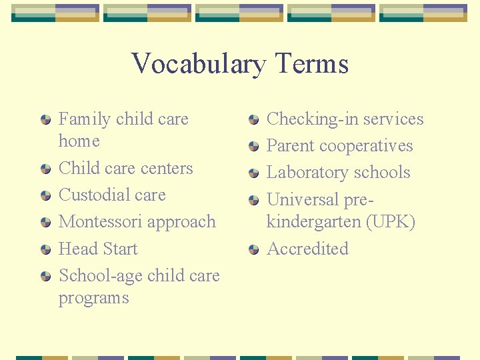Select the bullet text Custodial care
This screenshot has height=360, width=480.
coord(112,195)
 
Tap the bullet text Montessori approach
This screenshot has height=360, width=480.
coord(137,222)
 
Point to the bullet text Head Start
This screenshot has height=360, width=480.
coord(98,249)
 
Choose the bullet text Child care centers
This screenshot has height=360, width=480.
coord(125,169)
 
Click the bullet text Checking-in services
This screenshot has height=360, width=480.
coord(345,119)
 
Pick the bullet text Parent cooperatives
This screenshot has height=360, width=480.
coord(339,146)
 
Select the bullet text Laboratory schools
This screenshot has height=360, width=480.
coord(338,173)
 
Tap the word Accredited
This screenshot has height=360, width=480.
coord(307,249)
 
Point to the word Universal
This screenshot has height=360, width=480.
coord(303,199)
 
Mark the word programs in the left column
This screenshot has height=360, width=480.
coord(93,298)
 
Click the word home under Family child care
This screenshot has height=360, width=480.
coord(79,141)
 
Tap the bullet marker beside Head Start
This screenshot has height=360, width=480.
coord(45,250)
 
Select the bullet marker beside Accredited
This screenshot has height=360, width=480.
coord(253,250)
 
